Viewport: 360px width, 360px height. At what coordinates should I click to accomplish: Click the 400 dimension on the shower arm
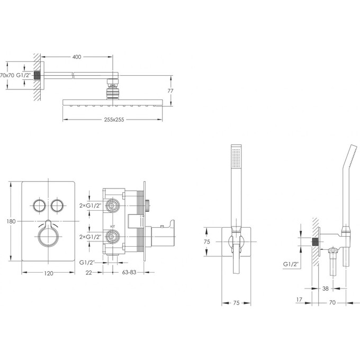(x=77, y=56)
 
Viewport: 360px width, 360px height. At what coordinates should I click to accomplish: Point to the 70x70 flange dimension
(x=7, y=75)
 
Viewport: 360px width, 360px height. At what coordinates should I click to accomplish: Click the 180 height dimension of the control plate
(x=6, y=221)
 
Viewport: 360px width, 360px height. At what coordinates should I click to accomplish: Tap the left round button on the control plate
(x=39, y=204)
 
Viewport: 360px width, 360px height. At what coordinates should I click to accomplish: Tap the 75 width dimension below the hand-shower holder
(x=236, y=303)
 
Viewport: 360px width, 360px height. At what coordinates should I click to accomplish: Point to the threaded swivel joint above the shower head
(x=113, y=88)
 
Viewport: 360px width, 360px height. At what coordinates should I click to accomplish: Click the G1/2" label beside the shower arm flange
(x=23, y=75)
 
